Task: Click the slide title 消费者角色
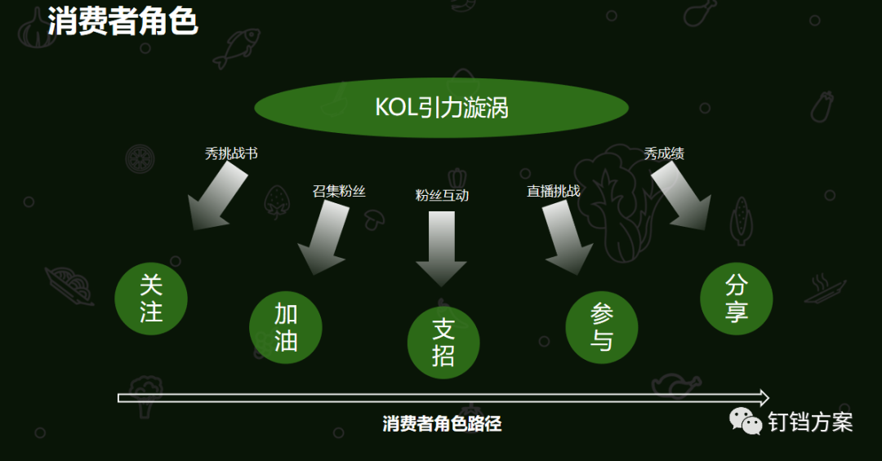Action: (x=122, y=21)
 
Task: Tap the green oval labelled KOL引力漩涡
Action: (x=441, y=108)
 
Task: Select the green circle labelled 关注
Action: (x=151, y=298)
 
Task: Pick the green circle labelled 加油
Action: (x=285, y=327)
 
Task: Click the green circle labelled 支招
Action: (x=443, y=343)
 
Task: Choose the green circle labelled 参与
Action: (x=601, y=327)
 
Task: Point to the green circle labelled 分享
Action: (x=736, y=299)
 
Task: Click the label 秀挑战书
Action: (x=231, y=153)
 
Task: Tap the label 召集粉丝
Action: (x=339, y=192)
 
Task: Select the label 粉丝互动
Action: (x=442, y=196)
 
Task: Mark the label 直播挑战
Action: (x=553, y=192)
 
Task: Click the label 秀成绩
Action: (x=664, y=153)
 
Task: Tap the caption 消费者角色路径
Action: (x=441, y=424)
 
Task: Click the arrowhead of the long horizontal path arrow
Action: (x=763, y=398)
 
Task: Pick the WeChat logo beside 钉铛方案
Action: (x=745, y=421)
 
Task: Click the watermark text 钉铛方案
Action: (x=810, y=422)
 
